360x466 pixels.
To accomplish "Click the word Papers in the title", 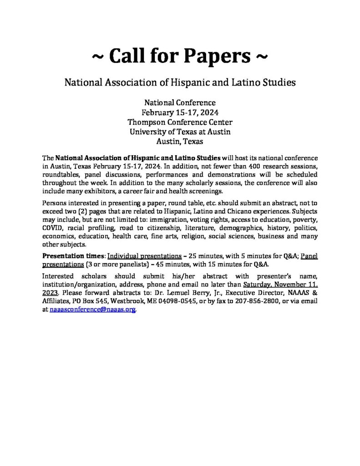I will pyautogui.click(x=218, y=58).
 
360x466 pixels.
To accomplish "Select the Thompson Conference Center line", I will pyautogui.click(x=180, y=122).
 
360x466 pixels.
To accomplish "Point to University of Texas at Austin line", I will pyautogui.click(x=180, y=132).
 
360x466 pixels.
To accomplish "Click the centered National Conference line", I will pyautogui.click(x=180, y=103).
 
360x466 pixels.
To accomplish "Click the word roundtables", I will pyautogui.click(x=61, y=175).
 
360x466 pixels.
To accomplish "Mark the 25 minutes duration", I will pyautogui.click(x=212, y=256).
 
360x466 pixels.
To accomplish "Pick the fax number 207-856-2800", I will pyautogui.click(x=253, y=301).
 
